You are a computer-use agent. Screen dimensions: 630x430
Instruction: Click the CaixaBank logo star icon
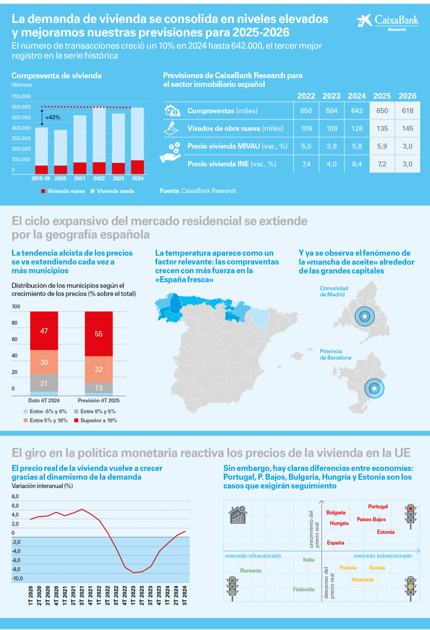(364, 21)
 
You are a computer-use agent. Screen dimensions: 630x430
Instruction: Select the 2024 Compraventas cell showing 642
(357, 111)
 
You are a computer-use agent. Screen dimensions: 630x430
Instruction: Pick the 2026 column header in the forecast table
(408, 96)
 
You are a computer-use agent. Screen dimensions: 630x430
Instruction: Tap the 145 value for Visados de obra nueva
(408, 128)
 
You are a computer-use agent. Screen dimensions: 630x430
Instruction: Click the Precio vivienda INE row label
(232, 164)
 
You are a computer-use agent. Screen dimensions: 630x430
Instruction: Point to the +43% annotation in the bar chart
(53, 117)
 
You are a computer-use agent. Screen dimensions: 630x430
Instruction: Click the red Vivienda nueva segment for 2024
(138, 167)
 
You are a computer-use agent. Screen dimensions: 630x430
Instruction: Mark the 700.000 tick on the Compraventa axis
(21, 96)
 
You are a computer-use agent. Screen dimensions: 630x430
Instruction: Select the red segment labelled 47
(44, 331)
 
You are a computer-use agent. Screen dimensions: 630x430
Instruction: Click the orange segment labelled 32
(99, 369)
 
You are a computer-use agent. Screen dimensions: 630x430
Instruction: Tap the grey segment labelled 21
(44, 383)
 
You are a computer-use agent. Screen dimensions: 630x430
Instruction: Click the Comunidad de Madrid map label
(334, 291)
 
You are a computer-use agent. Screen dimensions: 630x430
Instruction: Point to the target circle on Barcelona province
(374, 388)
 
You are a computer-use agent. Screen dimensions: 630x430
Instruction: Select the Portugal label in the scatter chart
(378, 506)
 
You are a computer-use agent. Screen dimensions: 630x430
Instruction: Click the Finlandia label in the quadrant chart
(304, 589)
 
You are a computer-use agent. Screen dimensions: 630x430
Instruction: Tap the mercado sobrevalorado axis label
(383, 555)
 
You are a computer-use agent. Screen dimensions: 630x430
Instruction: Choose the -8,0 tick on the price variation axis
(16, 569)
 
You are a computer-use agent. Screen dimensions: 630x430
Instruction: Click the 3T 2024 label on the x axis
(185, 596)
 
